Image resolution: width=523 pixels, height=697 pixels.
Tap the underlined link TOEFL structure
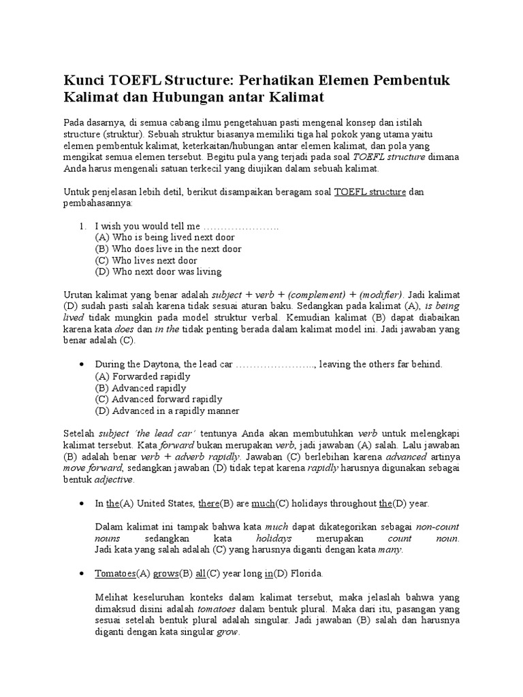point(370,193)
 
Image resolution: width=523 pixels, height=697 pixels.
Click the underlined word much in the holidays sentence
point(262,504)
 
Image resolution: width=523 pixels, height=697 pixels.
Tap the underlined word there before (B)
point(208,504)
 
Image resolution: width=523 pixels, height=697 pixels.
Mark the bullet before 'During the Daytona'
point(82,364)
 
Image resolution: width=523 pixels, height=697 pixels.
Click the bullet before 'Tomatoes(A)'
point(82,574)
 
